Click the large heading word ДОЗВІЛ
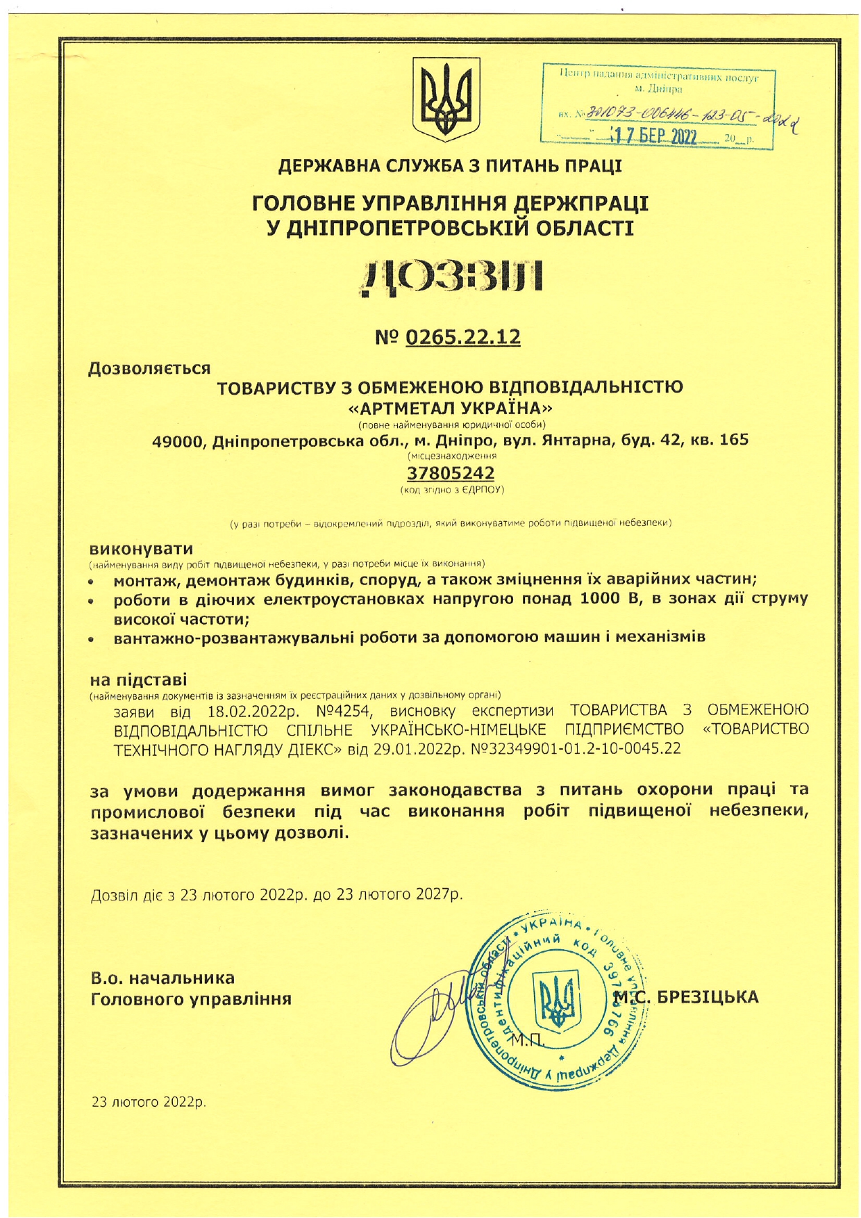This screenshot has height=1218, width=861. coord(451,278)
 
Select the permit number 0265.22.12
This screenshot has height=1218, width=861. coord(462,337)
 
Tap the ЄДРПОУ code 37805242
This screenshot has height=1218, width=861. coord(450,473)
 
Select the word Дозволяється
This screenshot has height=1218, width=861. coord(149,368)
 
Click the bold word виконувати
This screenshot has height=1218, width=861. coord(142,548)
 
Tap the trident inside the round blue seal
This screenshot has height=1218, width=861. coord(555,1001)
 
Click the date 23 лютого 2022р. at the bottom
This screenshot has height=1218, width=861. coord(149,1102)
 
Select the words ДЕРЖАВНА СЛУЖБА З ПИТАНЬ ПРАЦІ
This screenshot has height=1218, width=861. coord(450,167)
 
